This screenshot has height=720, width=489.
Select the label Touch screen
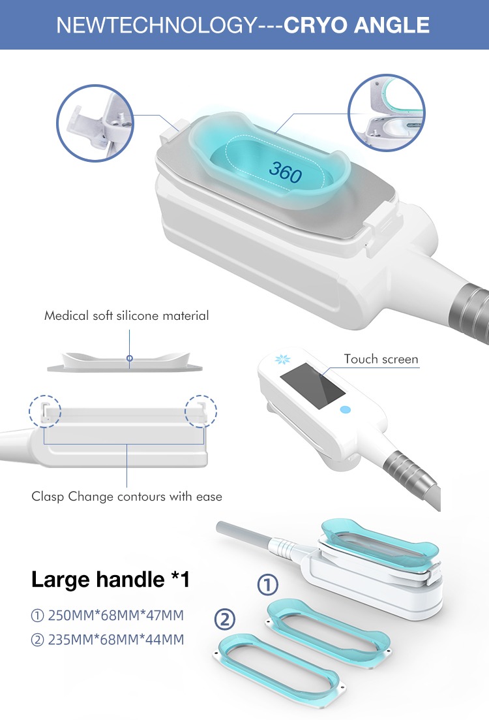coord(381,359)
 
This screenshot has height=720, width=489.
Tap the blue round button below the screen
coord(345,410)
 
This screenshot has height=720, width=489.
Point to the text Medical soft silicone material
coord(126,316)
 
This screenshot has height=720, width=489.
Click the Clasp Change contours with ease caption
coord(126,497)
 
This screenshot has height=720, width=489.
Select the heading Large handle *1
coord(111,578)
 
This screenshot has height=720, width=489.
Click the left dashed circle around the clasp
coord(44,412)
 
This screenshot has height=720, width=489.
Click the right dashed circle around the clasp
coord(201,412)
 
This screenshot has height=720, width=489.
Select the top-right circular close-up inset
coord(387,112)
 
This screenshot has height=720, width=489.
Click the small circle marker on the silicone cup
coord(129,358)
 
